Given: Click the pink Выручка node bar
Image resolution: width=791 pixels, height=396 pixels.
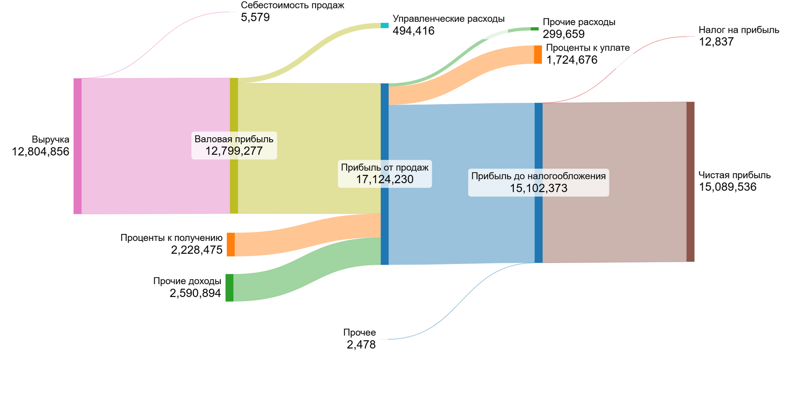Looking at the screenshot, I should pyautogui.click(x=78, y=146).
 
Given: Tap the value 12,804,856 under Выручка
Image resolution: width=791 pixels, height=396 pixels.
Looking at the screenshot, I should pyautogui.click(x=41, y=152).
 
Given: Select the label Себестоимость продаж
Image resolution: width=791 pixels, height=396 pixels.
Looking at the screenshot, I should pyautogui.click(x=292, y=5).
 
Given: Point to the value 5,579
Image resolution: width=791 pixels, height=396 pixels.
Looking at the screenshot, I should pyautogui.click(x=255, y=17).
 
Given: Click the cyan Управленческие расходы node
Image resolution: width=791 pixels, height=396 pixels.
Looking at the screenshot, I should pyautogui.click(x=384, y=26).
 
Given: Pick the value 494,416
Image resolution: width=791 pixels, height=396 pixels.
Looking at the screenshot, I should pyautogui.click(x=413, y=31).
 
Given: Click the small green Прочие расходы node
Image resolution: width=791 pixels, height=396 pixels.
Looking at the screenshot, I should pyautogui.click(x=535, y=29).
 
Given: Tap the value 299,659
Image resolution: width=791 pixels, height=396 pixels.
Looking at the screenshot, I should pyautogui.click(x=564, y=34).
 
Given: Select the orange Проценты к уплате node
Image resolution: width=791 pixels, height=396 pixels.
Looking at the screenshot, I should pyautogui.click(x=538, y=55).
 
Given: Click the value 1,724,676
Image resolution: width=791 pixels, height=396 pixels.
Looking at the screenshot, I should pyautogui.click(x=572, y=60).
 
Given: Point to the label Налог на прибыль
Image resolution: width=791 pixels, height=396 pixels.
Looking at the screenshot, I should pyautogui.click(x=738, y=30).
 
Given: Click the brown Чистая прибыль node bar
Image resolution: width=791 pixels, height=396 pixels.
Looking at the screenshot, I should pyautogui.click(x=690, y=182).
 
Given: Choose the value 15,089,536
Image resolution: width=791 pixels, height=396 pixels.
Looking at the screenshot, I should pyautogui.click(x=727, y=188).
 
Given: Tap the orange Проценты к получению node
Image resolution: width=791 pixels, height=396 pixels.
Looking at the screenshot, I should pyautogui.click(x=231, y=244).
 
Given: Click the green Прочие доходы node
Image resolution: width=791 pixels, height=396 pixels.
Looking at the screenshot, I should pyautogui.click(x=229, y=288).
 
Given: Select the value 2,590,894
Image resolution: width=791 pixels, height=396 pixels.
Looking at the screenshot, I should pyautogui.click(x=195, y=294).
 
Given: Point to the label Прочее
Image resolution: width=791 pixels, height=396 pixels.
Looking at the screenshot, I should pyautogui.click(x=359, y=333).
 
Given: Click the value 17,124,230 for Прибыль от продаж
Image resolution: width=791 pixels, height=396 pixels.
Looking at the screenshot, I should pyautogui.click(x=384, y=179).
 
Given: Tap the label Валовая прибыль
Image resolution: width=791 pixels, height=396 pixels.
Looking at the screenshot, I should pyautogui.click(x=234, y=139).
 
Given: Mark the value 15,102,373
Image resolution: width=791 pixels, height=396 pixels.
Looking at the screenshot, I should pyautogui.click(x=538, y=188).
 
